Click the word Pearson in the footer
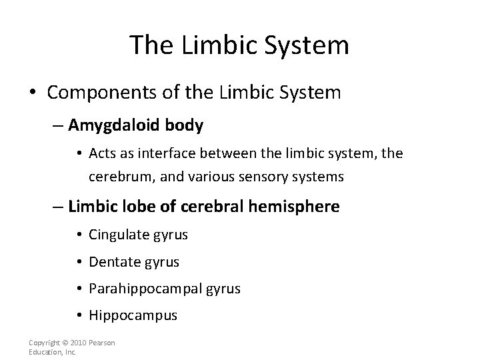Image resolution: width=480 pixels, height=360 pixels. click(x=101, y=343)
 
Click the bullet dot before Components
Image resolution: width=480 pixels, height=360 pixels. click(x=30, y=92)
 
